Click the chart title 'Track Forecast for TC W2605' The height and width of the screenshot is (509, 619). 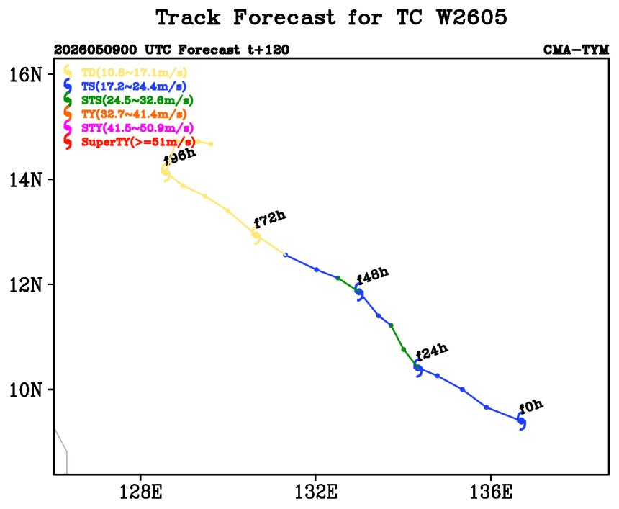click(331, 17)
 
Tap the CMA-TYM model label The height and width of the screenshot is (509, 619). click(576, 50)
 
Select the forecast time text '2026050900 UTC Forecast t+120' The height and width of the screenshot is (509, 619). click(171, 50)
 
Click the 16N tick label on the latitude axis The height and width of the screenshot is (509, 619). click(26, 74)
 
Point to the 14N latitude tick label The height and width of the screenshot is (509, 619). click(26, 180)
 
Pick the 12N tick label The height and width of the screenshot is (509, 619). click(26, 284)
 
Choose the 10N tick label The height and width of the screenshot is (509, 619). click(26, 390)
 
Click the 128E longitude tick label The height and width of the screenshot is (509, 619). click(140, 492)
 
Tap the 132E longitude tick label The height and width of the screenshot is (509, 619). click(316, 492)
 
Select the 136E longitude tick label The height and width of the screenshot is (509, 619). click(491, 492)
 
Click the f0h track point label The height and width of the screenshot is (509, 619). click(531, 407)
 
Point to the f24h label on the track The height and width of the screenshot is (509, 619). click(432, 352)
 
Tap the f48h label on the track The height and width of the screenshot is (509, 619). click(373, 275)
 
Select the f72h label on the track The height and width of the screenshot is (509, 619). click(270, 220)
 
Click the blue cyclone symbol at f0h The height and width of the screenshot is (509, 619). click(522, 421)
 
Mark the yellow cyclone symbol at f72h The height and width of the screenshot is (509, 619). click(256, 235)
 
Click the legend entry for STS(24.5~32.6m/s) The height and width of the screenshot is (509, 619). click(129, 100)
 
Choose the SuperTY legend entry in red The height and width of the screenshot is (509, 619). click(130, 142)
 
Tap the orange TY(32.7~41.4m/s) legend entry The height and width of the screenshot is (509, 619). click(125, 114)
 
